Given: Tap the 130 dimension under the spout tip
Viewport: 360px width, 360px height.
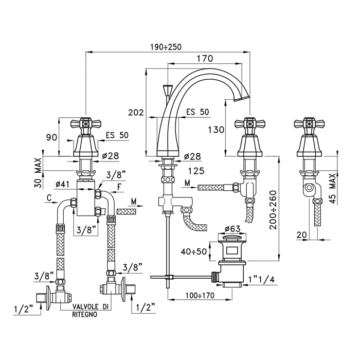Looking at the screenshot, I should (x=217, y=130).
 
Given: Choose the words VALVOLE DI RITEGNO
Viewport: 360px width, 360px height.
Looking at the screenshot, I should (x=90, y=311).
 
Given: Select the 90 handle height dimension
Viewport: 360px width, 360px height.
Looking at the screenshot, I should (x=50, y=137).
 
